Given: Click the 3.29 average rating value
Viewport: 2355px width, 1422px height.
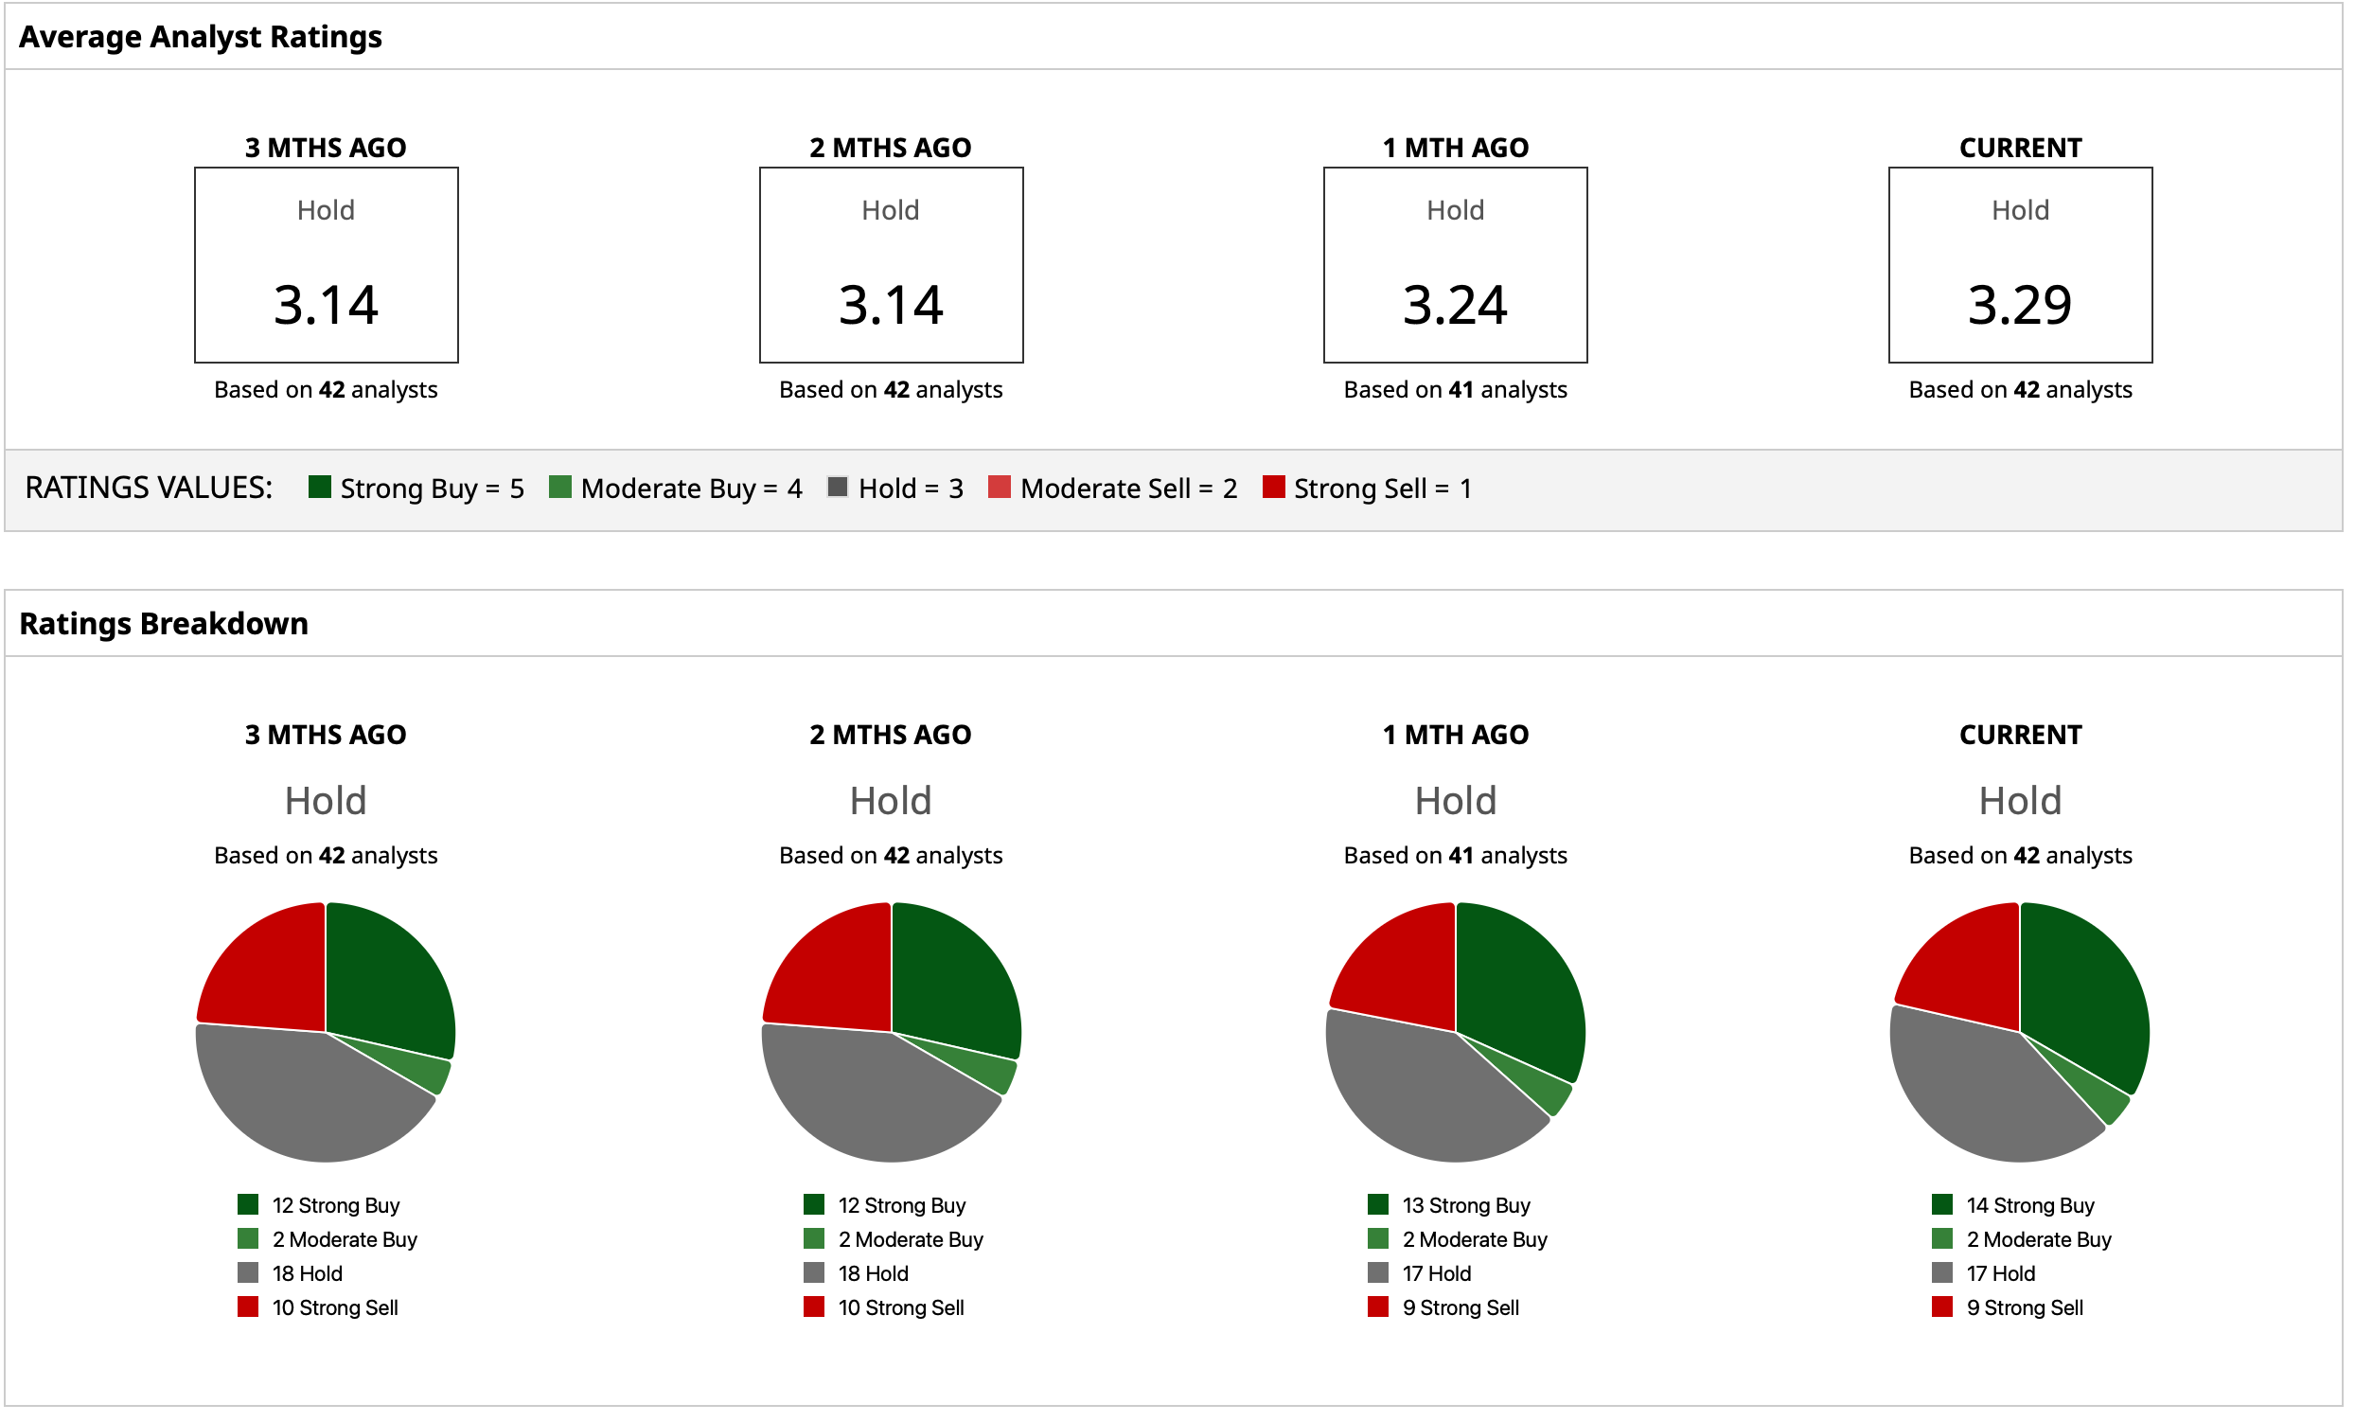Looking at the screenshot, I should click(x=2020, y=305).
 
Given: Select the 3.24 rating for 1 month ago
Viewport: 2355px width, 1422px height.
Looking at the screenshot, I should click(x=1455, y=305).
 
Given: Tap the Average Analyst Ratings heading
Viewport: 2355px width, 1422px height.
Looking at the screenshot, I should click(x=201, y=36).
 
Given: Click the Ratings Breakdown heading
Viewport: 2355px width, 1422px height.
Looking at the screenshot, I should click(x=164, y=623).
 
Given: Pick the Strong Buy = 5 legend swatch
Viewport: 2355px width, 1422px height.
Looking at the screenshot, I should click(x=320, y=488).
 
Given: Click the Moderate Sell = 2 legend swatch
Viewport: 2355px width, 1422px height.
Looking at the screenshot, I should click(x=1000, y=488).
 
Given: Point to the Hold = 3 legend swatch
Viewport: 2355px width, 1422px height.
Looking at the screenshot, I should click(x=838, y=488).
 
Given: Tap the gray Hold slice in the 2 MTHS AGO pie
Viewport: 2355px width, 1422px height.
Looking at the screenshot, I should click(x=870, y=1099).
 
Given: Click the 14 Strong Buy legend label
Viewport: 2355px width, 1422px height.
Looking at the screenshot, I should click(x=2030, y=1205).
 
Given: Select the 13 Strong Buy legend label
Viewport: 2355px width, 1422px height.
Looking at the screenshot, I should click(x=1466, y=1205).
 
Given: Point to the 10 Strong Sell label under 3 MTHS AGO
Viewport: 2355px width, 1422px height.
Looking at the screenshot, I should click(x=334, y=1307).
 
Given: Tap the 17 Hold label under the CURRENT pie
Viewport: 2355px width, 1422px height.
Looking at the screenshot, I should click(x=2000, y=1273).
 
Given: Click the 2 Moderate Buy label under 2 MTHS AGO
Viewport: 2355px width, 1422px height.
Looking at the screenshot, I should click(x=910, y=1239).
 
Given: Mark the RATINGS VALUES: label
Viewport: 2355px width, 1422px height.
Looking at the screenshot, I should click(x=149, y=488).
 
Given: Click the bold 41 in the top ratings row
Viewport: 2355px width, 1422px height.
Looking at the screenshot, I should click(x=1461, y=390).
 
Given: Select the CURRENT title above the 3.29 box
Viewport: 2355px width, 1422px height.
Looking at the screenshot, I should click(x=2020, y=148).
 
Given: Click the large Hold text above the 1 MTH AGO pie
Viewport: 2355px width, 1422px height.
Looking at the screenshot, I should click(x=1455, y=800).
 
